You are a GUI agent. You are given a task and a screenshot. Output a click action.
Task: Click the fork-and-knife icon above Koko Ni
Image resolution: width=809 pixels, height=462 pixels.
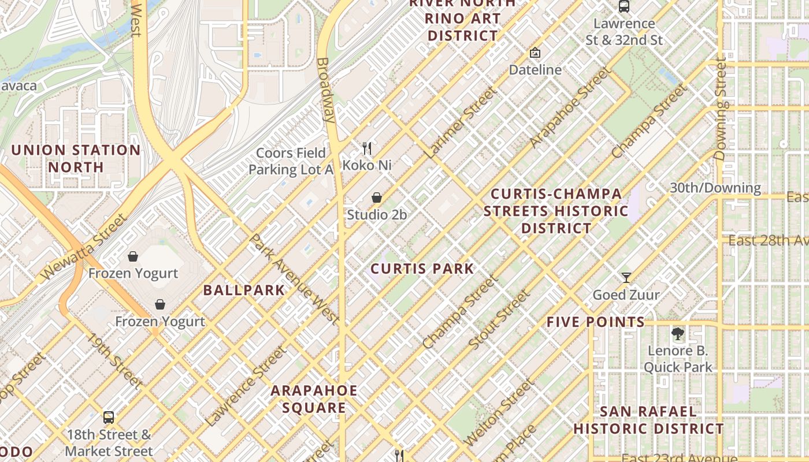pos(366,148)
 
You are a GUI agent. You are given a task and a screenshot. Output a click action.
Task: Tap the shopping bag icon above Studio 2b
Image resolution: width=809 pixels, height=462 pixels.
pos(377,198)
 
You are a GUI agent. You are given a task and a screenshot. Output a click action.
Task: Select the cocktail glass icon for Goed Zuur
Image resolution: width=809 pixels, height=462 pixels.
pos(626,278)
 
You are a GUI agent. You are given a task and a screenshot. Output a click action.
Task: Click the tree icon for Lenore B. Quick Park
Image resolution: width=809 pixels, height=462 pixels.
pos(677,333)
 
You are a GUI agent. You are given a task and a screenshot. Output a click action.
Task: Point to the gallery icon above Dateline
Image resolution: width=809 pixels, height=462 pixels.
pos(535,53)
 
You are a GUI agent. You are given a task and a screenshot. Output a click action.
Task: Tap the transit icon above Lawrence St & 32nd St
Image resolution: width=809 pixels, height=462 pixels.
pos(624,7)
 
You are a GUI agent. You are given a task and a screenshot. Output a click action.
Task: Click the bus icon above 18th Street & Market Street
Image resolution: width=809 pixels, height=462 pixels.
pos(108,417)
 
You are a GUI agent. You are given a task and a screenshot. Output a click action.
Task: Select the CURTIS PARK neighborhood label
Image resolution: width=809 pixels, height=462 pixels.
pos(422,269)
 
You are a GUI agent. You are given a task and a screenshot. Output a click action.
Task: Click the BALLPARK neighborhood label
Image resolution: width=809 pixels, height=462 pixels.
pos(244,290)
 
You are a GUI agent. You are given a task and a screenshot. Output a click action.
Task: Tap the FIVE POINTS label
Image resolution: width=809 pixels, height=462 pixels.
pos(595,322)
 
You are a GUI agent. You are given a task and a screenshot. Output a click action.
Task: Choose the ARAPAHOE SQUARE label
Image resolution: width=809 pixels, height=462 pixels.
pos(314,399)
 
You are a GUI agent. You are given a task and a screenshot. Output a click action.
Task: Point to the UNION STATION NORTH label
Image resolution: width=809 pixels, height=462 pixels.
pos(76,159)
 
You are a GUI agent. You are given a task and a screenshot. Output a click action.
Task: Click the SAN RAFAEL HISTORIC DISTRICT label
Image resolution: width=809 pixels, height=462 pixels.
pos(648,420)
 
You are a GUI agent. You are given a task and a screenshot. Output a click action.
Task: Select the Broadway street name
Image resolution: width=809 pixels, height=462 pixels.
pos(325,90)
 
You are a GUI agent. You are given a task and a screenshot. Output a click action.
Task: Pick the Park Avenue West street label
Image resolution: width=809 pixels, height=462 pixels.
pos(294,278)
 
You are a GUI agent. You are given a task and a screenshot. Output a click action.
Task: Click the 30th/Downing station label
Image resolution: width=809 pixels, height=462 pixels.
pos(715,188)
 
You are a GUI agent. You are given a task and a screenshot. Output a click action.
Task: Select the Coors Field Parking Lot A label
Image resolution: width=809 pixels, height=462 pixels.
pos(291,161)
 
